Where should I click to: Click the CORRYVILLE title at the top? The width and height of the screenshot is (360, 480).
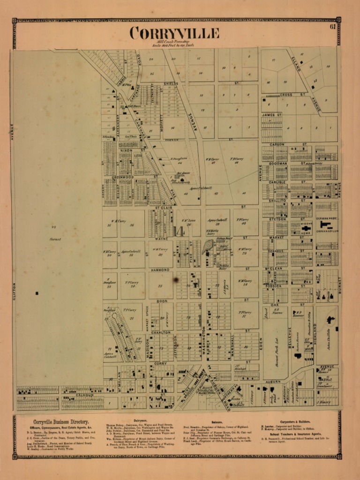pyautogui.click(x=174, y=33)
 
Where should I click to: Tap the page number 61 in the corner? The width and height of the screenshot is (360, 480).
pyautogui.click(x=332, y=27)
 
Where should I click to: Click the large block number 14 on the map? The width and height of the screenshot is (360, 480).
pyautogui.click(x=179, y=231)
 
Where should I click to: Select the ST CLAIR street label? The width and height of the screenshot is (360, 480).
pyautogui.click(x=164, y=207)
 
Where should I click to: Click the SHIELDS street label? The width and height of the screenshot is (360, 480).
pyautogui.click(x=171, y=83)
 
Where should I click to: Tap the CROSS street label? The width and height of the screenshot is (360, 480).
pyautogui.click(x=286, y=95)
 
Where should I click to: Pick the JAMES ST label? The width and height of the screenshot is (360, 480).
pyautogui.click(x=271, y=115)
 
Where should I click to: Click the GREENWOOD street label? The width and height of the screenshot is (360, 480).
pyautogui.click(x=123, y=177)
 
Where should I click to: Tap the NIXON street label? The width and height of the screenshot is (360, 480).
pyautogui.click(x=126, y=150)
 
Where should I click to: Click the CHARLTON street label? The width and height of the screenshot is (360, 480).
pyautogui.click(x=160, y=332)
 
